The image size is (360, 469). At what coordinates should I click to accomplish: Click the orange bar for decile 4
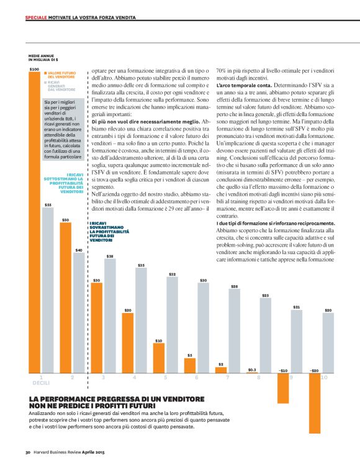click(x=128, y=342)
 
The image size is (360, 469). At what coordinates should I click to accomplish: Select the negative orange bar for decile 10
click(x=315, y=381)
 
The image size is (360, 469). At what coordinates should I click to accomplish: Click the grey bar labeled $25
click(x=265, y=335)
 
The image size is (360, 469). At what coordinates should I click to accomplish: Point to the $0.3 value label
click(x=252, y=369)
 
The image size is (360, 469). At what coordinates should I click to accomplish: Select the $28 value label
click(x=234, y=286)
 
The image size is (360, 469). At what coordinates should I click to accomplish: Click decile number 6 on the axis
click(x=196, y=377)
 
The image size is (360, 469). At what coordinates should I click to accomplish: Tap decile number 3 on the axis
click(x=103, y=377)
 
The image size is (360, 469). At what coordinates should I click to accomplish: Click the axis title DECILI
click(x=40, y=383)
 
